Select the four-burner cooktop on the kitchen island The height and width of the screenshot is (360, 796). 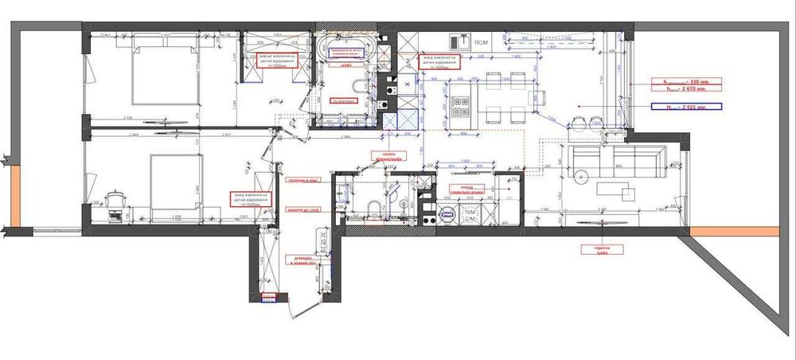pyautogui.click(x=460, y=107)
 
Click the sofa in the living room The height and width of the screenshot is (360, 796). pyautogui.click(x=615, y=160)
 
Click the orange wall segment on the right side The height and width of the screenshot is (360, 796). pyautogui.click(x=734, y=231)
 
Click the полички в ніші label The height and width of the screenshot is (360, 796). pyautogui.click(x=304, y=181)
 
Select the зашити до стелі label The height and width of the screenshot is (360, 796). pyautogui.click(x=303, y=209)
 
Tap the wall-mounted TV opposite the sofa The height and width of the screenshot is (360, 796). pyautogui.click(x=603, y=224)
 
